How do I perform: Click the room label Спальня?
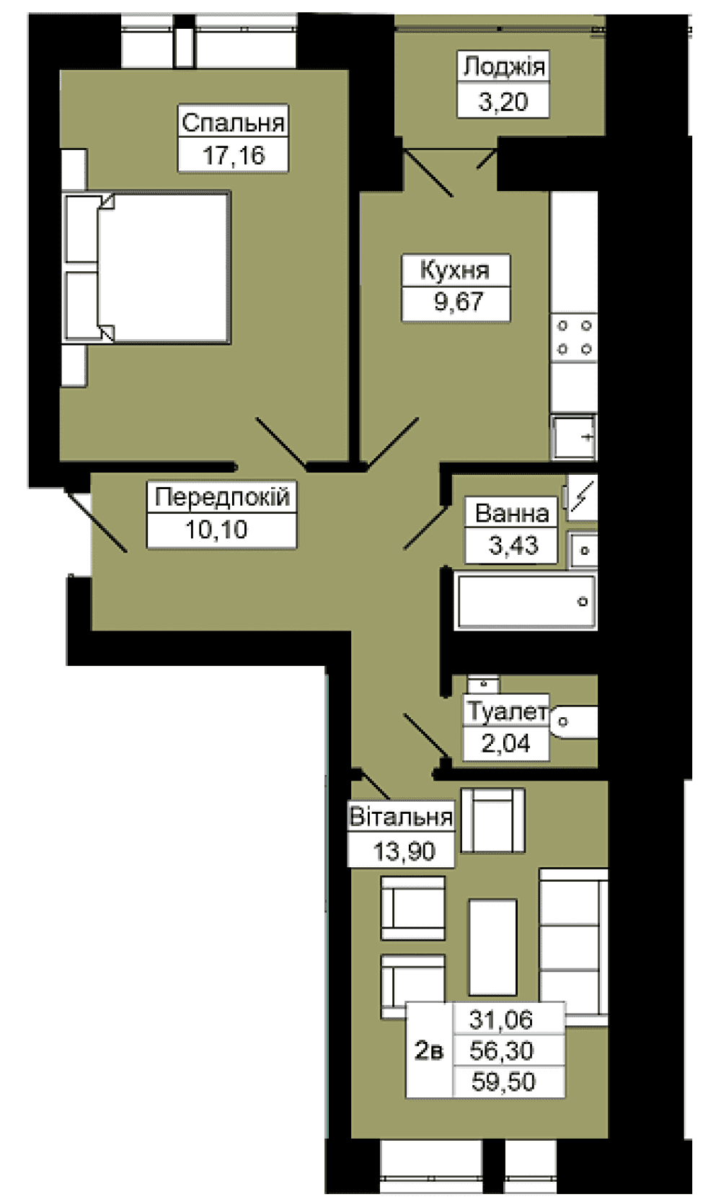point(233,123)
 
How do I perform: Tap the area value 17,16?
point(234,156)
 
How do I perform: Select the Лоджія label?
point(504,67)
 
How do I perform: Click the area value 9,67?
point(459,302)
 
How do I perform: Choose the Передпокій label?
point(222,496)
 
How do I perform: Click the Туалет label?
point(507,711)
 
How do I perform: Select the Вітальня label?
point(401,817)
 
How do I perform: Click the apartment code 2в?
point(429,1051)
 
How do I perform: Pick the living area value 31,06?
point(501,1020)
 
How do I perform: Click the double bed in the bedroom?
point(147,267)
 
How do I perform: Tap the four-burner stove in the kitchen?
point(574,338)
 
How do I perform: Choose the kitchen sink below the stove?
point(574,438)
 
